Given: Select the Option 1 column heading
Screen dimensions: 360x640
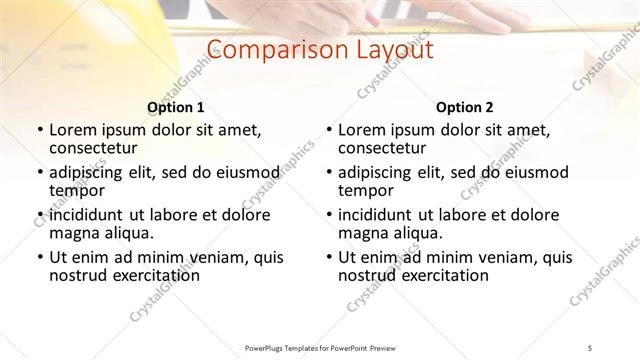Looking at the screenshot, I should coord(176,107).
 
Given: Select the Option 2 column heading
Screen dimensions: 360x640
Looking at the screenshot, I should coord(465,107).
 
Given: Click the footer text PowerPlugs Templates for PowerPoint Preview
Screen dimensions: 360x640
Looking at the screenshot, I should coord(319,347).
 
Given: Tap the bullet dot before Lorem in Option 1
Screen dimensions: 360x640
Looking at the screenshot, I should coord(39,130).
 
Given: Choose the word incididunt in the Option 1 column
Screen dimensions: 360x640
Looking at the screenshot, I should coord(86,215).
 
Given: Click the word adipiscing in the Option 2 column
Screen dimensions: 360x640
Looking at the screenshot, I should coord(376,173).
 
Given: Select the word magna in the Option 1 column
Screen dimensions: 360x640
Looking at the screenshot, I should coord(72,233).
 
